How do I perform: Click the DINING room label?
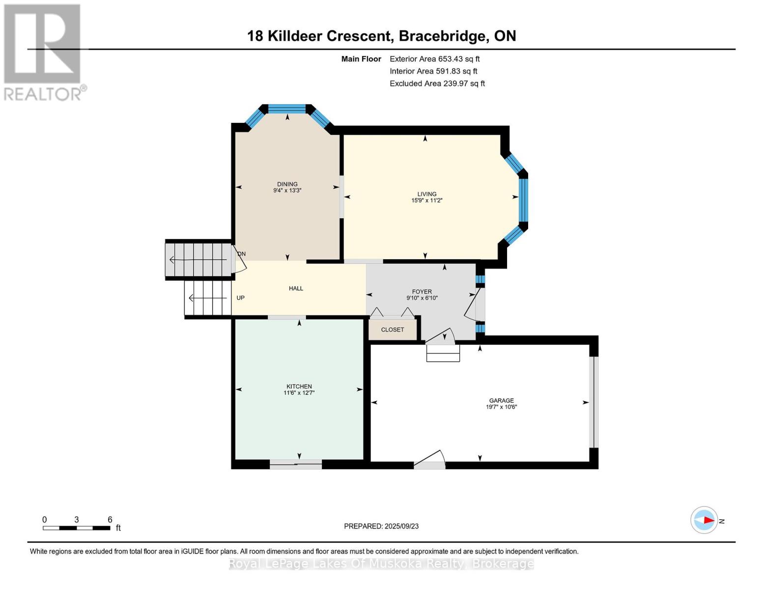pos(287,184)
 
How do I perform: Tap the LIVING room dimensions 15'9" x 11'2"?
pos(426,201)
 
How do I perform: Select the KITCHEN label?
pos(299,386)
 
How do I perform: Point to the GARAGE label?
pos(501,401)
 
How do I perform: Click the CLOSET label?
pos(393,329)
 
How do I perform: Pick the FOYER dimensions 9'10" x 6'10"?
pos(422,298)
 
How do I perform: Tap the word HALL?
pos(296,289)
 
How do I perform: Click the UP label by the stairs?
pos(240,298)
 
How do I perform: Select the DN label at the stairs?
pos(242,254)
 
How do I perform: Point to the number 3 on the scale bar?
pos(76,520)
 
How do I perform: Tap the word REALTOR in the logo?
pos(42,94)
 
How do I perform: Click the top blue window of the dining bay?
pos(287,109)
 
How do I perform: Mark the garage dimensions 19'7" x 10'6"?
pos(501,407)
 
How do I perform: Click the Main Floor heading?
pos(361,59)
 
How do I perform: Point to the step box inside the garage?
pos(443,353)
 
